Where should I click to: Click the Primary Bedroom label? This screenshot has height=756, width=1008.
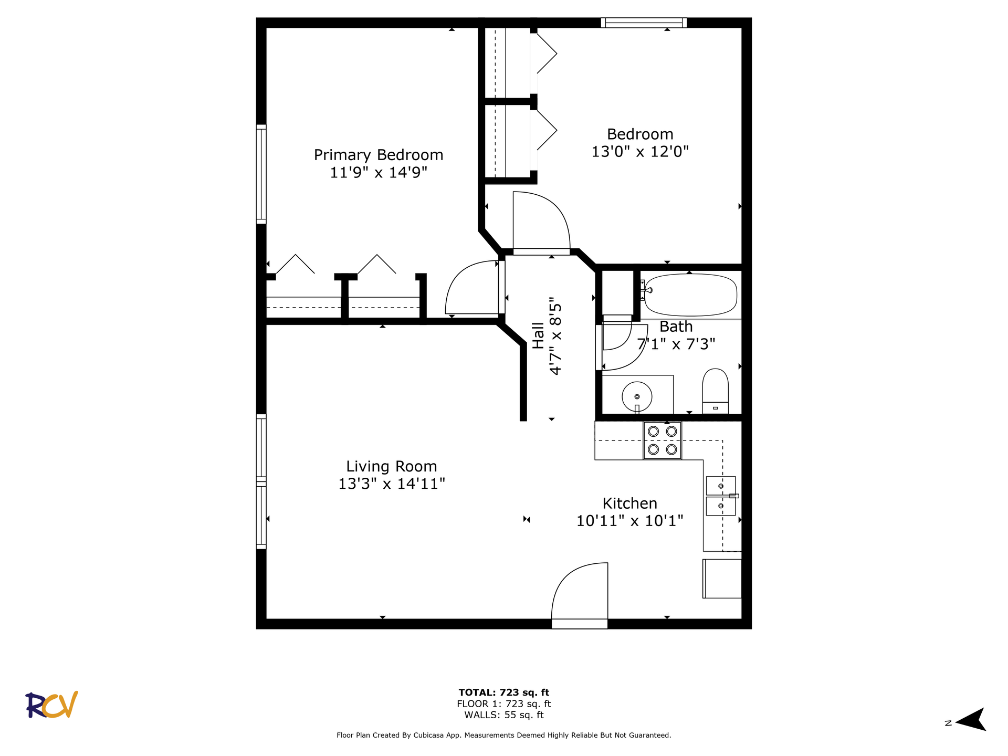(379, 155)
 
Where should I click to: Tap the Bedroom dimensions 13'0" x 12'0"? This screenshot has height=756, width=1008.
(640, 152)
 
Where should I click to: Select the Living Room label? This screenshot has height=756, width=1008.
(392, 466)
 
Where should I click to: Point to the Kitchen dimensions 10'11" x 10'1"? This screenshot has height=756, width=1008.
(630, 521)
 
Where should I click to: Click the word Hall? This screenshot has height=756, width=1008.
(539, 335)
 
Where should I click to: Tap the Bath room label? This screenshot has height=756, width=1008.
(676, 327)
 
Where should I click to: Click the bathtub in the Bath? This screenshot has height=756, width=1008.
(690, 295)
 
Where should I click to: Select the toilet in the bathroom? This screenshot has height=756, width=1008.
(716, 391)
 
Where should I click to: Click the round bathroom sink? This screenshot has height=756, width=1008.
(637, 397)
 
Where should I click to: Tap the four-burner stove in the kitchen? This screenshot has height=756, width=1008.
(663, 440)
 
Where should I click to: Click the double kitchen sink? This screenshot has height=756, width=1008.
(721, 496)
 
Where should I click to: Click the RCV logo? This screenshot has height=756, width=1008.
(52, 705)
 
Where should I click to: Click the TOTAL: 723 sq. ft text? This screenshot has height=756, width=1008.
(504, 692)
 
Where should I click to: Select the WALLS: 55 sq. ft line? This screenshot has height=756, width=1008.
(504, 715)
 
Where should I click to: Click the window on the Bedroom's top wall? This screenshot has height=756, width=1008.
(644, 23)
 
